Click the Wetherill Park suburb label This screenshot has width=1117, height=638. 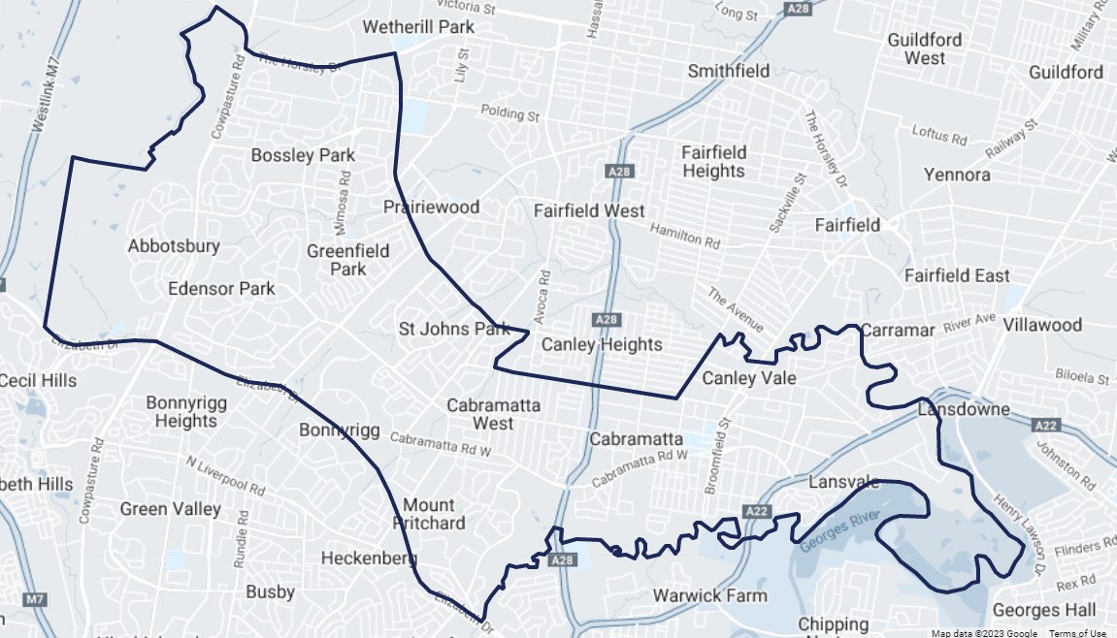[x=418, y=27]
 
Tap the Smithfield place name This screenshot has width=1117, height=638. [x=729, y=71]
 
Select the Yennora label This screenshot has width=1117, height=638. [x=957, y=175]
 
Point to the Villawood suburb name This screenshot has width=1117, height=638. [x=1042, y=324]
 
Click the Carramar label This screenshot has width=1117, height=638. [x=898, y=330]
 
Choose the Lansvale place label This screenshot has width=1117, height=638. [x=843, y=482]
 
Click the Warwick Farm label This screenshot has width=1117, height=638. [x=709, y=595]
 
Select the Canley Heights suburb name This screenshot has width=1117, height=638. [x=602, y=344]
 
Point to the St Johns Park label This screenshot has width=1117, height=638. [x=454, y=329]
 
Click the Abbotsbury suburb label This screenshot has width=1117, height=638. [x=174, y=246]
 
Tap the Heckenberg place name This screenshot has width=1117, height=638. [x=369, y=558]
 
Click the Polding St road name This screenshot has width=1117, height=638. [x=509, y=113]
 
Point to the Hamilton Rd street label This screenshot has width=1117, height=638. [x=685, y=234]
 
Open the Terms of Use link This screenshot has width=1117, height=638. [x=1077, y=633]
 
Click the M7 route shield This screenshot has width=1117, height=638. [x=34, y=599]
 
